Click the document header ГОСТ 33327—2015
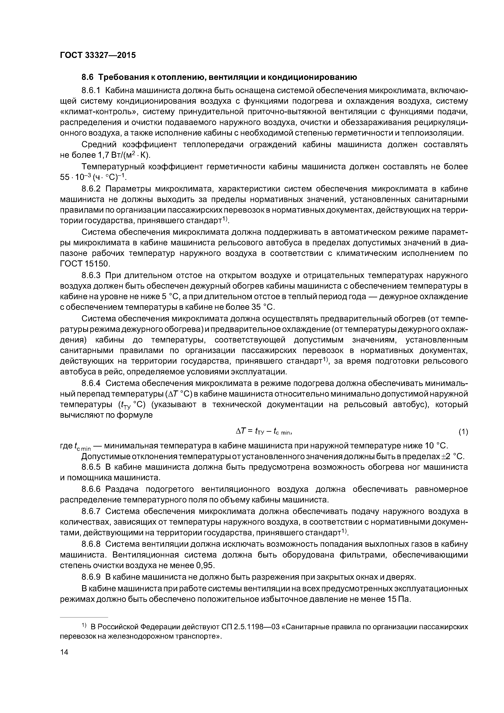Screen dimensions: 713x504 click(x=98, y=55)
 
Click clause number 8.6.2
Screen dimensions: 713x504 click(x=91, y=189)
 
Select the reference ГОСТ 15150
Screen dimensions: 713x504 click(x=85, y=264)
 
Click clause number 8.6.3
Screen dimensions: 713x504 click(x=91, y=275)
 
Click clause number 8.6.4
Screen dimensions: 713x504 click(x=91, y=384)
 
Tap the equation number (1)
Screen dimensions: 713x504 click(x=463, y=431)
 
